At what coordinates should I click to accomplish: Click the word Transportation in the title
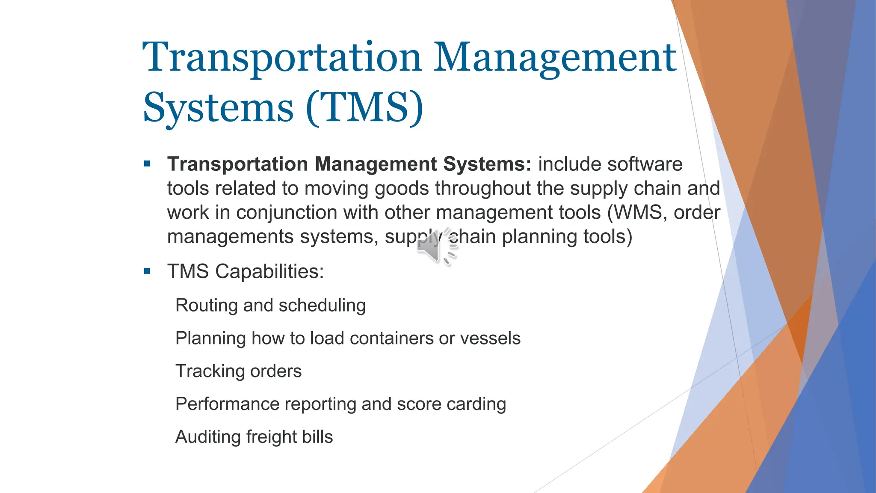pos(282,58)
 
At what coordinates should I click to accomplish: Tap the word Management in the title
pos(555,58)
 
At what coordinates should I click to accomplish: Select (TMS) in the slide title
pos(364,108)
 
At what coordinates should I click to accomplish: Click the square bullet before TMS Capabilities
pos(147,271)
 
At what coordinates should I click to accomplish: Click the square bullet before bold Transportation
pos(147,163)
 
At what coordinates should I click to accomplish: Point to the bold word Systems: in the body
pos(487,164)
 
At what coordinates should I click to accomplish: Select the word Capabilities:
pos(269,272)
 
